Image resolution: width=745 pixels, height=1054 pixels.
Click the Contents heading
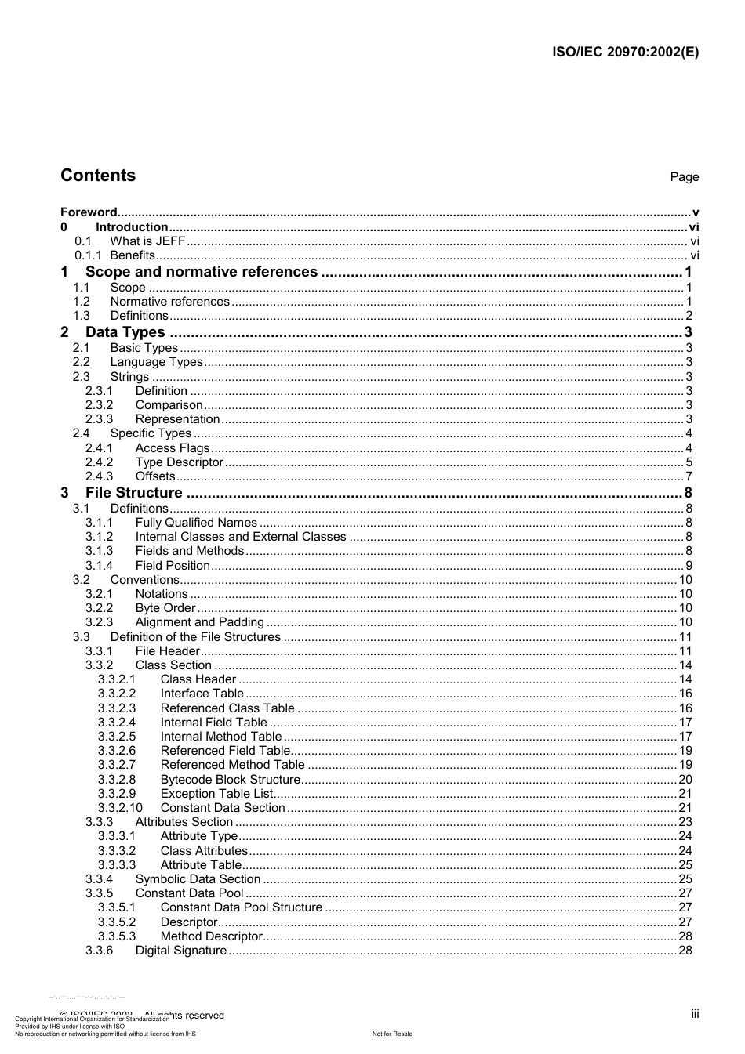pyautogui.click(x=98, y=176)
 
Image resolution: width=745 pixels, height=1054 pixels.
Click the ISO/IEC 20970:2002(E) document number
pyautogui.click(x=625, y=53)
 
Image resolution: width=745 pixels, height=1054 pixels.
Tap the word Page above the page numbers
pyautogui.click(x=684, y=177)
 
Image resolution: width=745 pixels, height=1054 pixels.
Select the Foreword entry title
pyautogui.click(x=89, y=212)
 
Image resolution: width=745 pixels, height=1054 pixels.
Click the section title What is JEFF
pyautogui.click(x=147, y=241)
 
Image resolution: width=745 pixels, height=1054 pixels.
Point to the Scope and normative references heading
pyautogui.click(x=202, y=272)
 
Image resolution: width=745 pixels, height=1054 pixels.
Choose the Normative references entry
pyautogui.click(x=170, y=302)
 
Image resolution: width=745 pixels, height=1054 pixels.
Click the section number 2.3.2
pyautogui.click(x=99, y=405)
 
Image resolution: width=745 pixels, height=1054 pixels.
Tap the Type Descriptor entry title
pyautogui.click(x=180, y=462)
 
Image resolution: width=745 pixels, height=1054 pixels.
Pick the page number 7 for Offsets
pyautogui.click(x=689, y=476)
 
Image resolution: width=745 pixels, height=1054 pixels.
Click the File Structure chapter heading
pyautogui.click(x=134, y=493)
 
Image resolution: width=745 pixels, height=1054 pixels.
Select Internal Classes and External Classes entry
pyautogui.click(x=241, y=537)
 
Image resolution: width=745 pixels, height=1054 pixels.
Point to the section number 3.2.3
pyautogui.click(x=99, y=622)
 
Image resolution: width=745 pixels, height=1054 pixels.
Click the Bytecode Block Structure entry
pyautogui.click(x=230, y=780)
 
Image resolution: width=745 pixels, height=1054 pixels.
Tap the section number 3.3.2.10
pyautogui.click(x=120, y=808)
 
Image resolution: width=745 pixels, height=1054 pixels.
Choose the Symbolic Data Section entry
pyautogui.click(x=198, y=879)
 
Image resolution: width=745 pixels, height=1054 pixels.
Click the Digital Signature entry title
pyautogui.click(x=181, y=951)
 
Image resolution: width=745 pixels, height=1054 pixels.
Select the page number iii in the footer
pyautogui.click(x=695, y=1014)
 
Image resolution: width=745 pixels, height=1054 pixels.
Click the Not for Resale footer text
pyautogui.click(x=392, y=1034)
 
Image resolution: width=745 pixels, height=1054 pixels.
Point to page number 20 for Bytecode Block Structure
pyautogui.click(x=685, y=780)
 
